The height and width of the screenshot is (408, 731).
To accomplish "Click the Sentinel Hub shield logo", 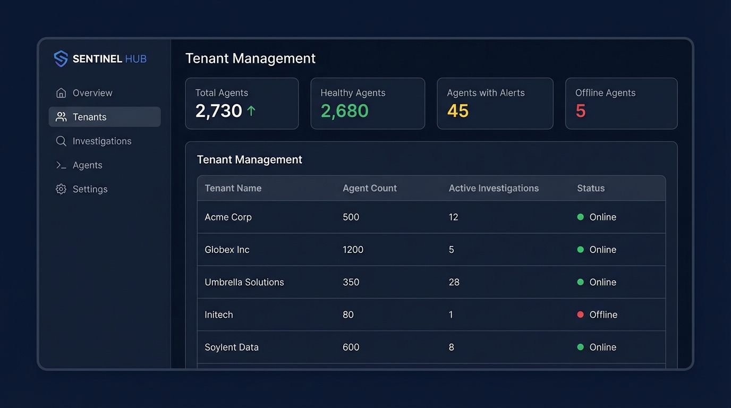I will [61, 58].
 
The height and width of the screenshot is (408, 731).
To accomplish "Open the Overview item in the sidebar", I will [92, 93].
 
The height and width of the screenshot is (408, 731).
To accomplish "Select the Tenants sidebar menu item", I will [89, 117].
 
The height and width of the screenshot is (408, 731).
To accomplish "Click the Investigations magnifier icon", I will [61, 141].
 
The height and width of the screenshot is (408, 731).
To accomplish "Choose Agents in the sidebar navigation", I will [87, 165].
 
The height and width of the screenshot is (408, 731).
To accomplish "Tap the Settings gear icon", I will [61, 189].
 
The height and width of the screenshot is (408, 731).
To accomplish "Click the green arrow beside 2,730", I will [251, 110].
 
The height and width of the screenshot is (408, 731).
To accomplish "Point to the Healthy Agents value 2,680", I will [344, 110].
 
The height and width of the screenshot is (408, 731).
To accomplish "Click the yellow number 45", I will [457, 110].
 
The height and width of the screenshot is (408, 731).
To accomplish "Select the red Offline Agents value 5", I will [580, 110].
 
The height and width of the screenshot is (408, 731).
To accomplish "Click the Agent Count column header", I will [369, 188].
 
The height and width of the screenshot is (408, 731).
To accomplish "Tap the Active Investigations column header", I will [494, 188].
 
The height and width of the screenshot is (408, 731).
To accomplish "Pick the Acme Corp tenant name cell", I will [228, 217].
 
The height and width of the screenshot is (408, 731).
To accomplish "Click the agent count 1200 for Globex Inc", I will [353, 250].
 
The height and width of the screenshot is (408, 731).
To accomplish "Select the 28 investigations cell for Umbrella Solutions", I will [454, 282].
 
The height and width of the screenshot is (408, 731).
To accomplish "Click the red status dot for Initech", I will [580, 314].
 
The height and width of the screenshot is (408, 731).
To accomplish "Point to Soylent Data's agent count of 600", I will [351, 347].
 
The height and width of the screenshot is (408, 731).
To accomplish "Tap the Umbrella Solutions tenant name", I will [244, 282].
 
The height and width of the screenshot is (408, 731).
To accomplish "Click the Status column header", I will [591, 188].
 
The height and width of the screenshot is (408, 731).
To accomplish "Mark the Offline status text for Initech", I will [603, 314].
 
